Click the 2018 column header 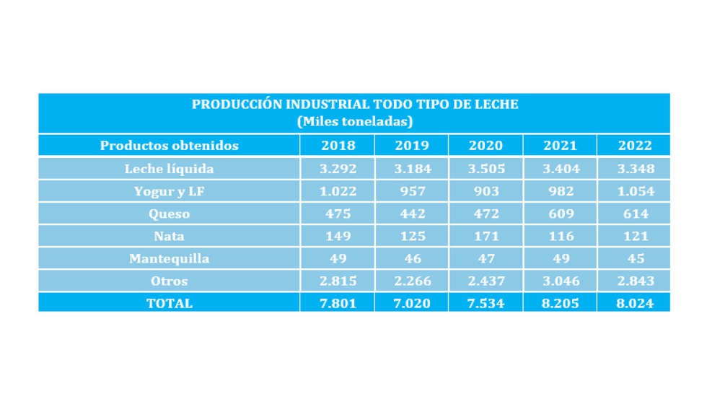coord(338,146)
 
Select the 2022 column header coord(635,146)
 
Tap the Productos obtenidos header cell coord(169,146)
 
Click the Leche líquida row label coord(169,169)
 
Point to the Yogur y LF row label coord(169,191)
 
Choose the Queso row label coord(169,214)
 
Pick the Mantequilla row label coord(169,259)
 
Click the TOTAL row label coord(169,304)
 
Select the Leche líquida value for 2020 coord(486,169)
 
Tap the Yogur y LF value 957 coord(413,191)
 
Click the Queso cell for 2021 coord(561,214)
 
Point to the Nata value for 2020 coord(486,237)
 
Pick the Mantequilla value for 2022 coord(636,259)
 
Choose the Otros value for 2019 coord(413,281)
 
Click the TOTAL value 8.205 coord(560,304)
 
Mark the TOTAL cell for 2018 coord(338,304)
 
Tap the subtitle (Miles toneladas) coord(355,122)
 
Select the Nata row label coord(169,237)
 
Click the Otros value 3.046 coord(561,281)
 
